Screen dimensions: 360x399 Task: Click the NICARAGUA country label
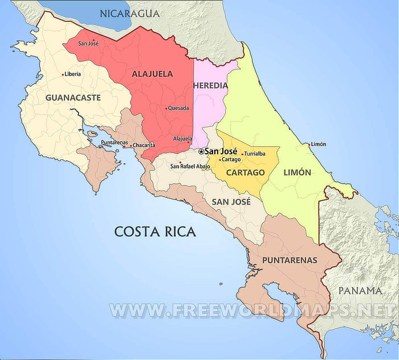click(x=129, y=13)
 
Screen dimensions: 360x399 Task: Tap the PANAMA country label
click(x=360, y=291)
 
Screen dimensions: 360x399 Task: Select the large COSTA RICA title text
click(x=155, y=232)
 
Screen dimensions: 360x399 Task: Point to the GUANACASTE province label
click(x=73, y=97)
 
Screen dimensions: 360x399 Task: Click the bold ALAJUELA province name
click(x=152, y=74)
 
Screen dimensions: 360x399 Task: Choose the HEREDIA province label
click(x=210, y=85)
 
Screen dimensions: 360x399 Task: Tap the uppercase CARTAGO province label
click(x=245, y=172)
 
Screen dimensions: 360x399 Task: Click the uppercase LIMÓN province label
click(x=297, y=172)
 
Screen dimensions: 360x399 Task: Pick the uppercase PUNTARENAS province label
click(x=290, y=260)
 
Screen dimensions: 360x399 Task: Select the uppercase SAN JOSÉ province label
click(x=230, y=202)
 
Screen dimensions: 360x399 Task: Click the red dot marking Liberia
click(x=63, y=74)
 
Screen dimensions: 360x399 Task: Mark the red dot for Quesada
click(x=166, y=108)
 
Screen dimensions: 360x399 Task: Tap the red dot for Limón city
click(x=308, y=145)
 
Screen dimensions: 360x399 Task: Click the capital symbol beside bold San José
click(x=201, y=152)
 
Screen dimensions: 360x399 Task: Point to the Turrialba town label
click(x=255, y=154)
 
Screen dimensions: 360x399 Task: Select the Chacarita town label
click(x=144, y=145)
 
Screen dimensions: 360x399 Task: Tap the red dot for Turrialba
click(x=242, y=154)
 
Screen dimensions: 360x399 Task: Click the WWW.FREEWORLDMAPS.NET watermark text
click(x=251, y=310)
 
